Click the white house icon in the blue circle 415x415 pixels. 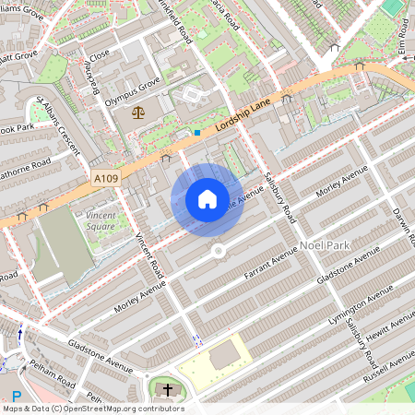click(207, 199)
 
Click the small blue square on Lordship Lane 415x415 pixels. click(196, 133)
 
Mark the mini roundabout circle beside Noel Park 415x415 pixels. click(219, 250)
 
